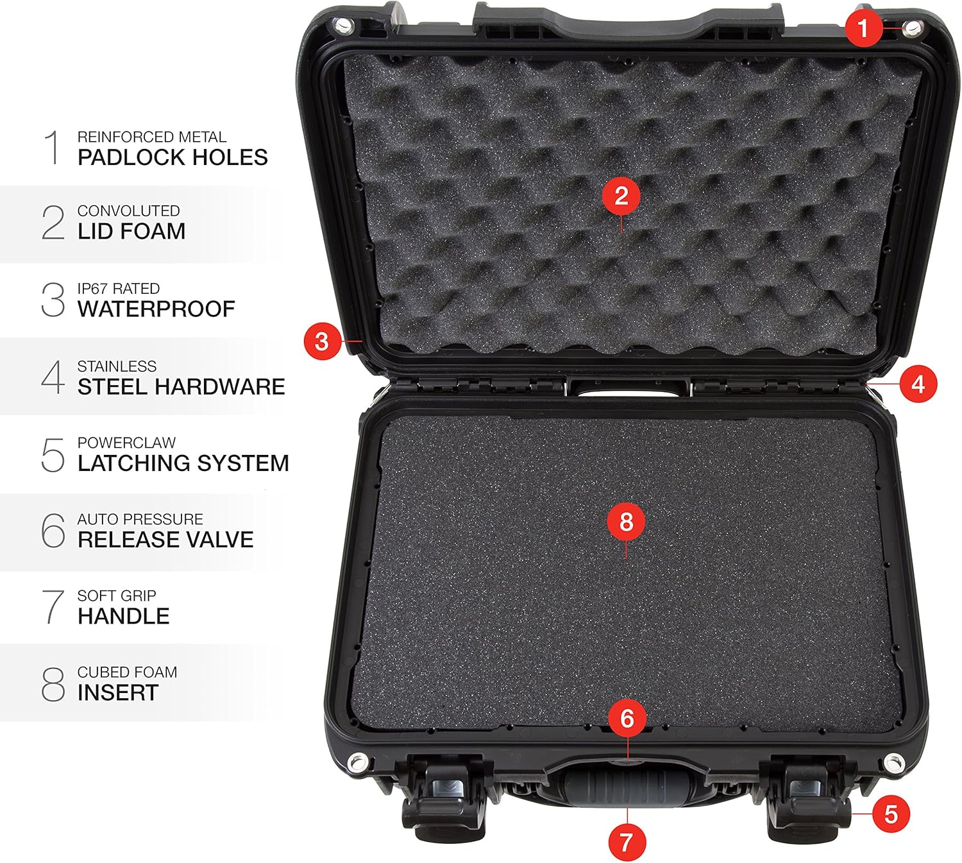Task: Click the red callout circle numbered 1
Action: click(863, 28)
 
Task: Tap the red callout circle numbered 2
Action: click(621, 196)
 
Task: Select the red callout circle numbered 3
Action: click(322, 341)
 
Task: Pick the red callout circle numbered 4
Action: click(918, 384)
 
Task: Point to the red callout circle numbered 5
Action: click(891, 814)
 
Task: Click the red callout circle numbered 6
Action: click(627, 719)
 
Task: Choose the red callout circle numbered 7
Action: click(626, 841)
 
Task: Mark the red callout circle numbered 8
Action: click(626, 522)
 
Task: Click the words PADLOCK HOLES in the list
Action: click(173, 157)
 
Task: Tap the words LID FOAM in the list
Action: click(131, 231)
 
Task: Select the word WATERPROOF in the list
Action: click(156, 309)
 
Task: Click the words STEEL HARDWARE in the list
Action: click(181, 387)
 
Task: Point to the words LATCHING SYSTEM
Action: click(183, 463)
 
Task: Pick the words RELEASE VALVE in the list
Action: click(165, 540)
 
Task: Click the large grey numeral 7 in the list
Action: click(53, 607)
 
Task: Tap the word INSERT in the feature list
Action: click(118, 693)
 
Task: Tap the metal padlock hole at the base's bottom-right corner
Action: click(893, 763)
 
